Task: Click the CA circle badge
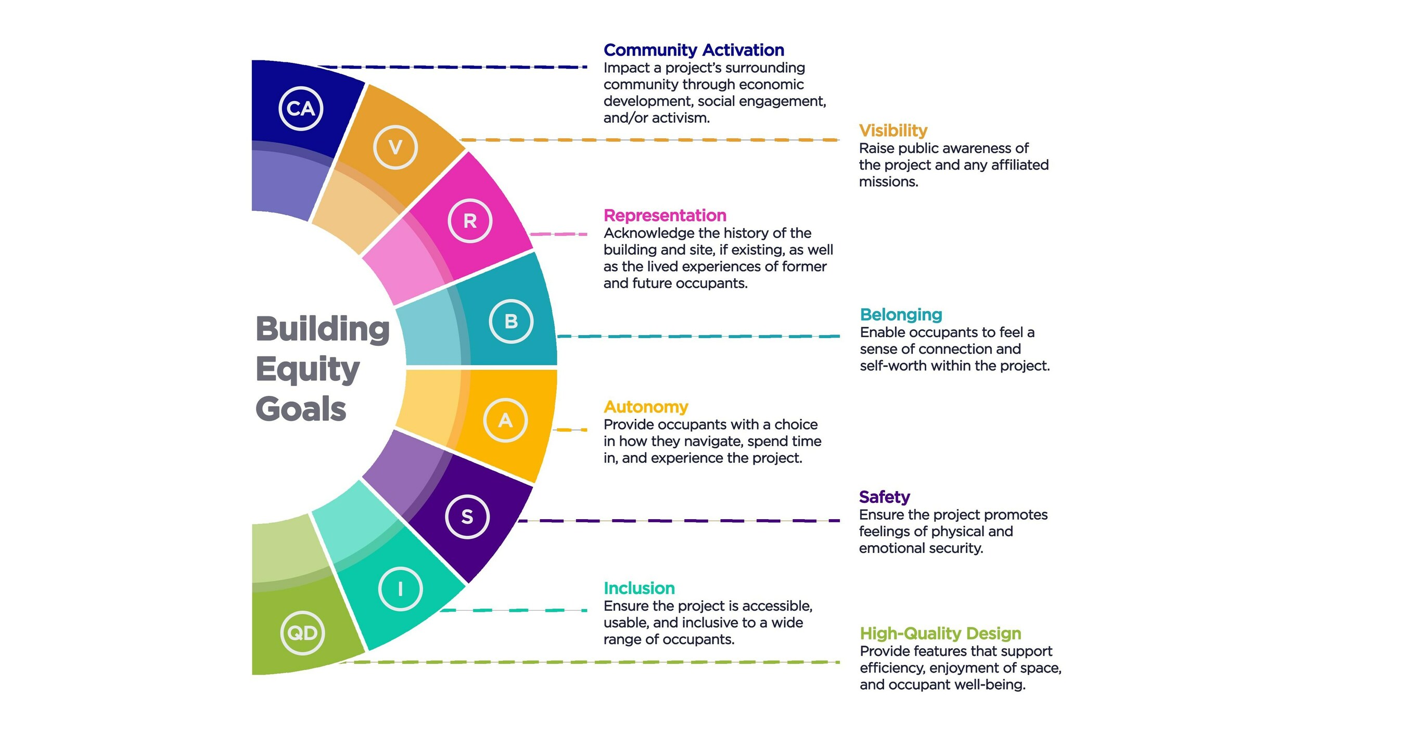[301, 109]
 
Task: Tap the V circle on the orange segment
[395, 147]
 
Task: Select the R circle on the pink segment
[469, 221]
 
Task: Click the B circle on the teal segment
[511, 321]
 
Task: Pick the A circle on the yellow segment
[506, 420]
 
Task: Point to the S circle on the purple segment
[467, 517]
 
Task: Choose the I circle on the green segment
[400, 589]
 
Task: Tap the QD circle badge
[303, 633]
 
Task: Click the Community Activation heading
[693, 50]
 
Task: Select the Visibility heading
[893, 131]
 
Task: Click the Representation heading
[665, 215]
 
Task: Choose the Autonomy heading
[645, 407]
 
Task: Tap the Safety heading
[884, 497]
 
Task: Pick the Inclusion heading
[638, 588]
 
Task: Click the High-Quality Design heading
[940, 633]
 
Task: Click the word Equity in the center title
[308, 370]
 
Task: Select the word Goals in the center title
[301, 409]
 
